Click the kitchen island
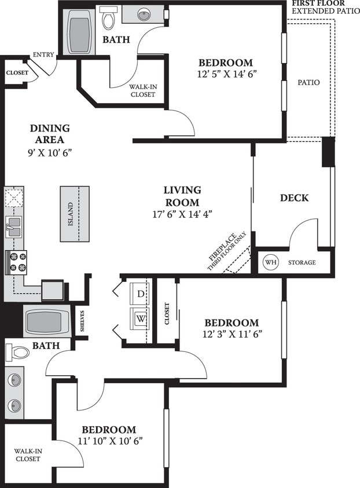tap(74, 214)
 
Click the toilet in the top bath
tap(108, 19)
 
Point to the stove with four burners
tap(16, 262)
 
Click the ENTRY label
tap(43, 55)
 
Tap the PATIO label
tap(308, 83)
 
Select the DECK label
tap(294, 198)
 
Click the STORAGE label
tap(302, 263)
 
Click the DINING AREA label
tap(49, 134)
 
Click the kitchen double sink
tap(13, 226)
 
